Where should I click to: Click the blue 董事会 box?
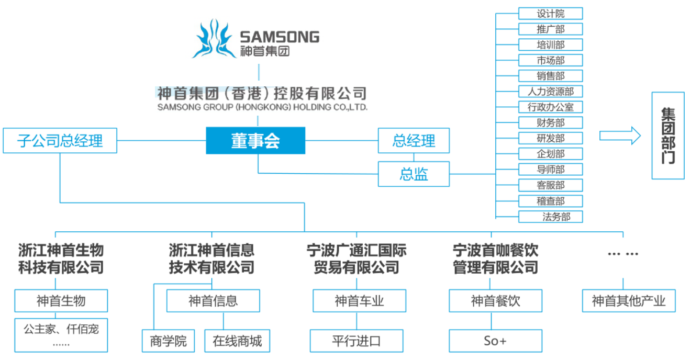point(255,141)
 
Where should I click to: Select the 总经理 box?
point(414,141)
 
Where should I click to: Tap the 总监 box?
point(414,174)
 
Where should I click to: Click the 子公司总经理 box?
point(60,141)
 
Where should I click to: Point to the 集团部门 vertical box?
point(667,136)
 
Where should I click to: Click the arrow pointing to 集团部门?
point(620,136)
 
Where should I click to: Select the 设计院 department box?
point(550,14)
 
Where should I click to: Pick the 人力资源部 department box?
point(550,92)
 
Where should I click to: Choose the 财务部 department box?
point(550,123)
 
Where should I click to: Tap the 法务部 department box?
point(550,217)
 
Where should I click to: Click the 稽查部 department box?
point(550,201)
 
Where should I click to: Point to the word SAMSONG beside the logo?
point(279,37)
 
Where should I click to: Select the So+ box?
point(495,341)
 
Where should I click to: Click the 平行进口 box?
point(356,341)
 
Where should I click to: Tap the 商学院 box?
point(168,341)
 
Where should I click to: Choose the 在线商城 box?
point(237,341)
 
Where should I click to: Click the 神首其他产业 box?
point(629,301)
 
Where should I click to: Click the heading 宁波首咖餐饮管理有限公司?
point(495,258)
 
